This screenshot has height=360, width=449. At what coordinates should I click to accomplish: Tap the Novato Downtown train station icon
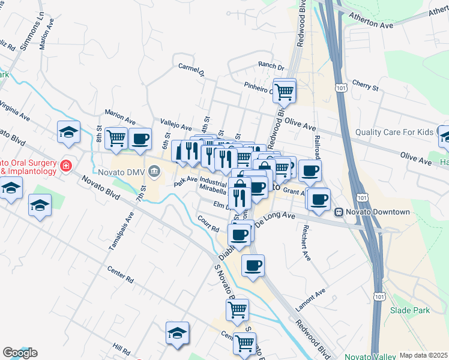[x=339, y=212]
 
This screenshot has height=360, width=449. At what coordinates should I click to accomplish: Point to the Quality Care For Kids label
[x=394, y=132]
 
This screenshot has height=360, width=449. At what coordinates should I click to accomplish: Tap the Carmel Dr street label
[x=191, y=71]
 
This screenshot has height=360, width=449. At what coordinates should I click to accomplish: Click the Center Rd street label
[x=121, y=275]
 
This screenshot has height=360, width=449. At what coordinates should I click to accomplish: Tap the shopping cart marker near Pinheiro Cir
[x=284, y=91]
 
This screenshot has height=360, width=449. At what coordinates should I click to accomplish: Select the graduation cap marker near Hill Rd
[x=178, y=334]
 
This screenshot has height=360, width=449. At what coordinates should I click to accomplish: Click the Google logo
[x=20, y=353]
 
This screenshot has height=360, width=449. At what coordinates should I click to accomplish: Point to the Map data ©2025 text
[x=423, y=355]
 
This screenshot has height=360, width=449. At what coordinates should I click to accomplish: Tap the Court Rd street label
[x=208, y=224]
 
